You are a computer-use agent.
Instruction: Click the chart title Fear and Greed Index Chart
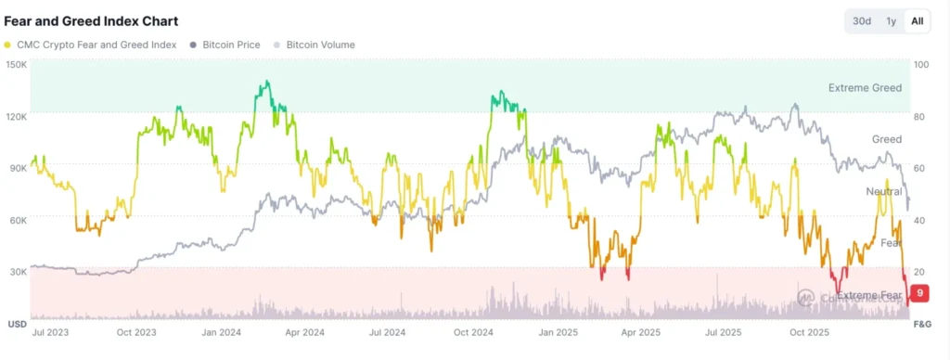pos(91,20)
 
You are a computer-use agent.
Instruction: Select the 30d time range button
pos(862,21)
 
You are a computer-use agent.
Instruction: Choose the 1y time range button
pos(891,21)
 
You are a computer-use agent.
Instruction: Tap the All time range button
pos(917,21)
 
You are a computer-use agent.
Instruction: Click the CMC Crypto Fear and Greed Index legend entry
pos(91,45)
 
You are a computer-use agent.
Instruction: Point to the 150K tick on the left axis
pos(15,64)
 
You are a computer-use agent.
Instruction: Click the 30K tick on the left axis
pos(17,272)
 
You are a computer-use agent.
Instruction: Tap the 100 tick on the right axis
pos(920,64)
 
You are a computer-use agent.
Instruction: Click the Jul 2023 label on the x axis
pos(51,331)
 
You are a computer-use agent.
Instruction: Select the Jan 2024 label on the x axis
pos(222,331)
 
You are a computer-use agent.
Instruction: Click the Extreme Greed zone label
pos(864,88)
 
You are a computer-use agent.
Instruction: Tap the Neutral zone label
pos(883,191)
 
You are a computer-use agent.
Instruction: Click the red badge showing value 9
pos(918,293)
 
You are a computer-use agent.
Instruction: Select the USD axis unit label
pos(16,324)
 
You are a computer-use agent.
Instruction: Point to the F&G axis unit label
pos(922,324)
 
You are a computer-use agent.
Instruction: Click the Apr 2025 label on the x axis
pos(640,331)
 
